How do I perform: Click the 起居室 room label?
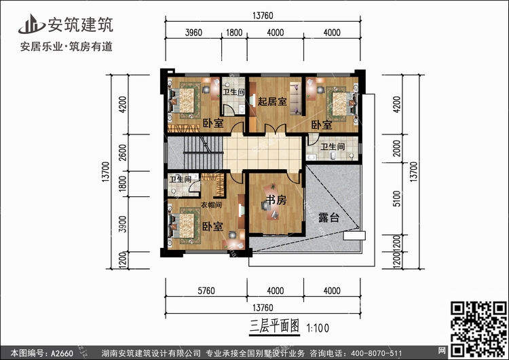(272, 102)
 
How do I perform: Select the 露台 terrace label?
(328, 218)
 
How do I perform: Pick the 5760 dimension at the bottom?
(205, 291)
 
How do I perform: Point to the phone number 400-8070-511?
(377, 352)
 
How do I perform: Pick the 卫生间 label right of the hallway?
(332, 146)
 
